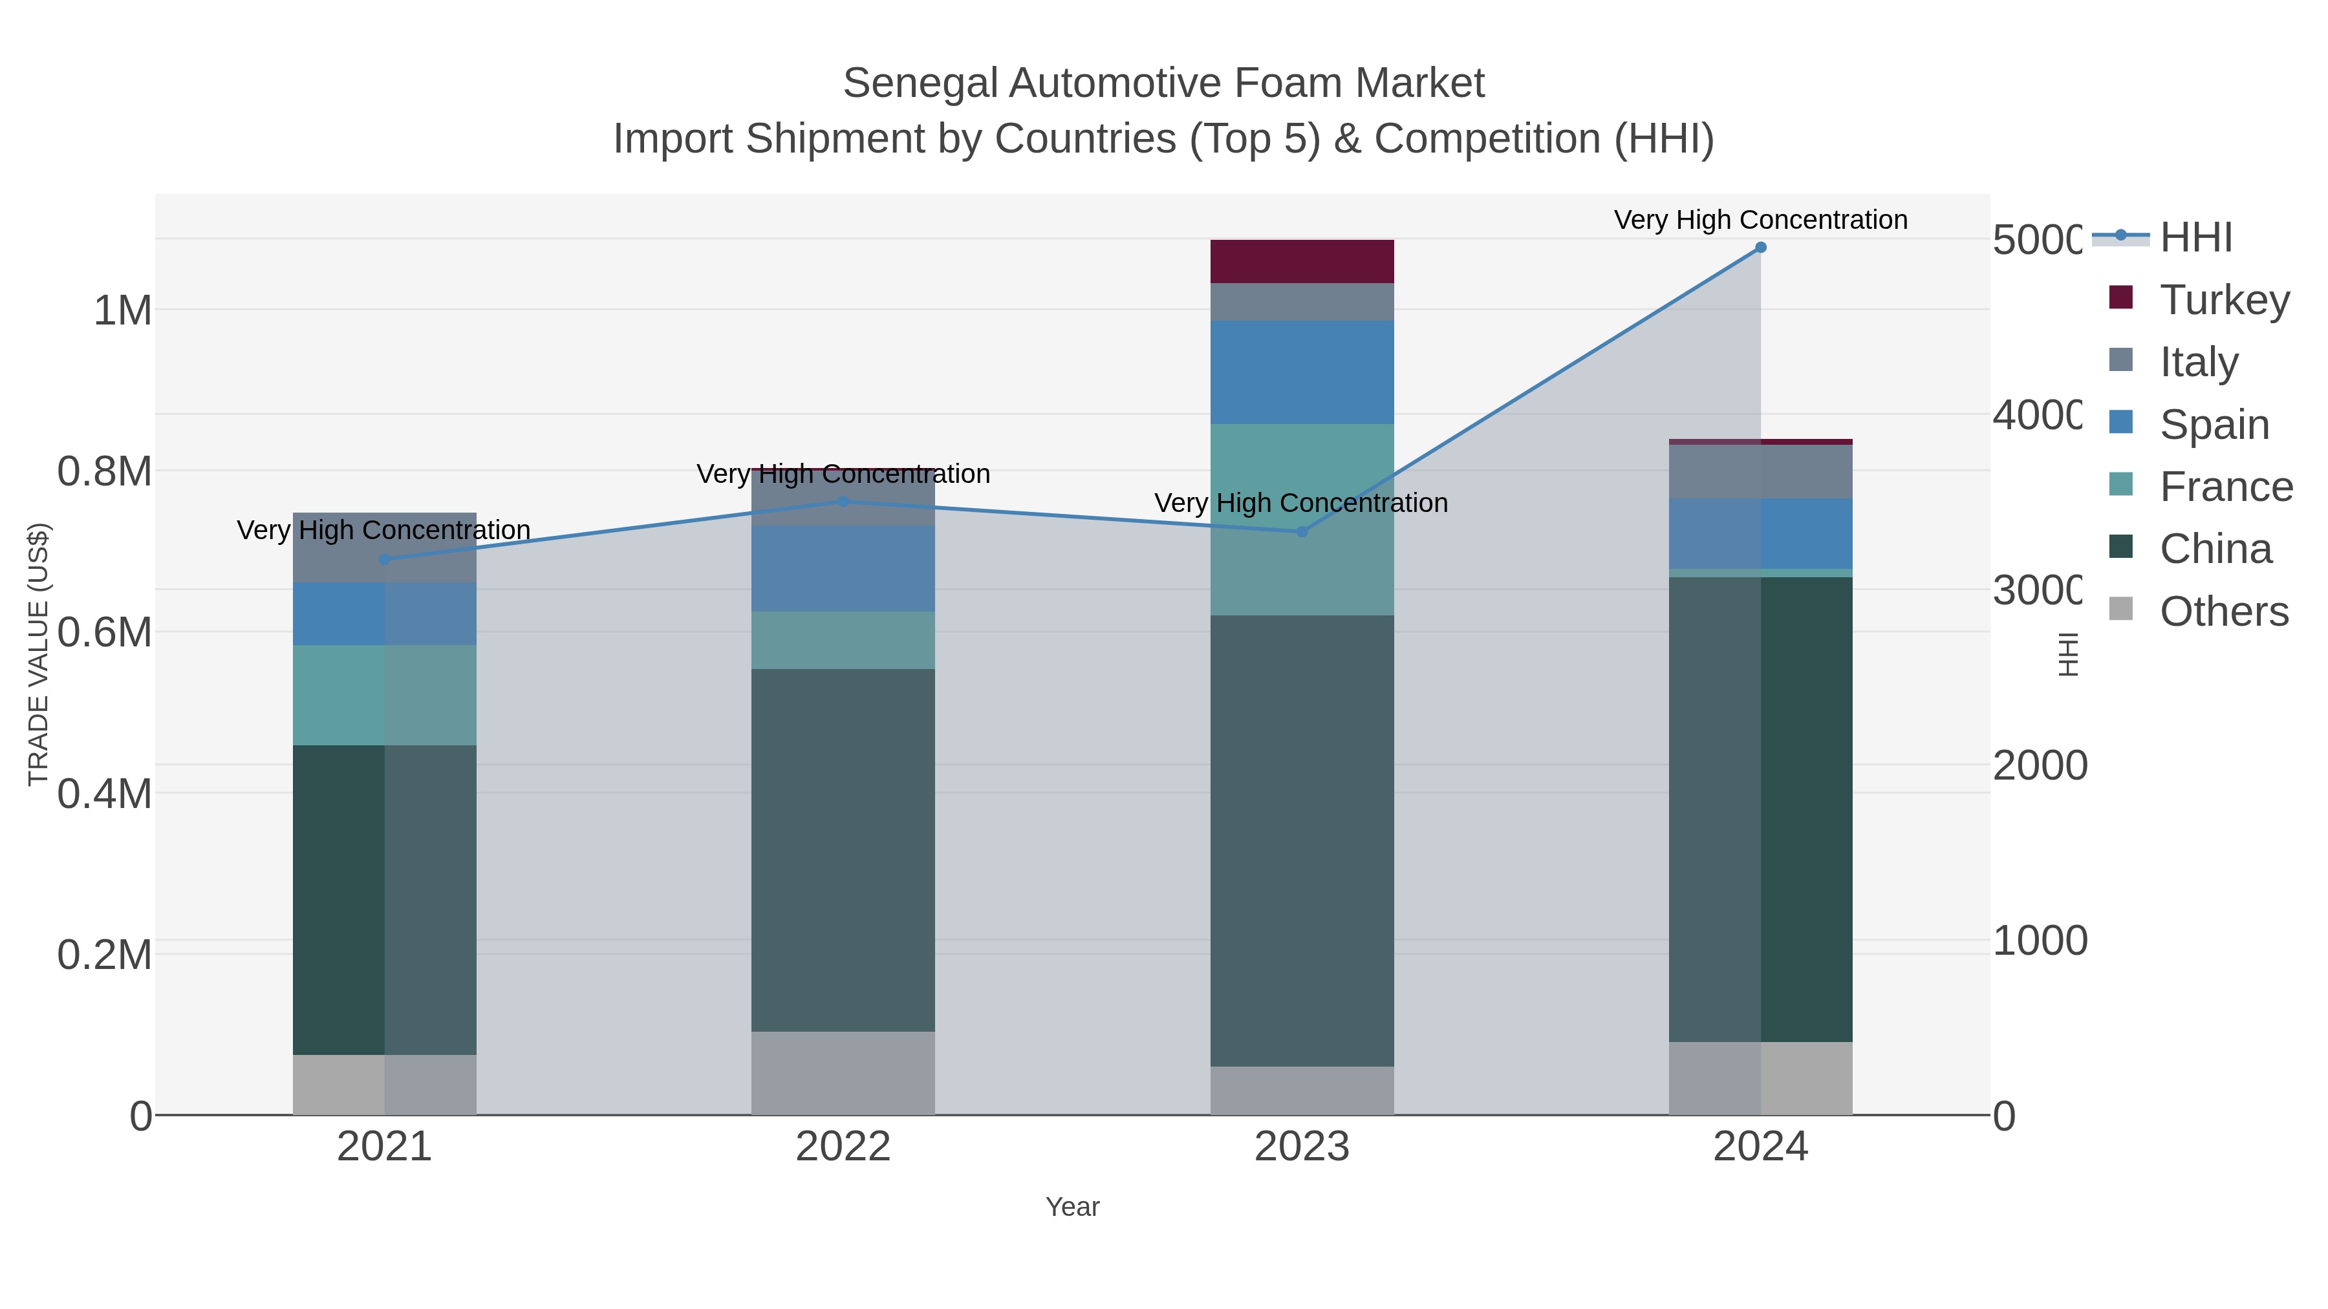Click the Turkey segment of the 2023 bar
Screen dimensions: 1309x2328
pos(1301,261)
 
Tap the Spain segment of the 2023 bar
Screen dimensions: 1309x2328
pos(1301,372)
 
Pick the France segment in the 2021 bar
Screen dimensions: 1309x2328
pos(384,695)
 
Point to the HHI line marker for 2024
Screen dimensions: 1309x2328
pos(1760,248)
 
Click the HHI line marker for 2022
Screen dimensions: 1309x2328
pos(843,502)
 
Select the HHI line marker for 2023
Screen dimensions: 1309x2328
pos(1301,532)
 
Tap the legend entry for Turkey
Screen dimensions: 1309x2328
pos(2223,300)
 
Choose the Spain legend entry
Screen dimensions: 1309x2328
pos(2214,425)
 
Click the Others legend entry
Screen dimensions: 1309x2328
pos(2223,612)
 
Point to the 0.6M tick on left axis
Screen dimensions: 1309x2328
pos(104,632)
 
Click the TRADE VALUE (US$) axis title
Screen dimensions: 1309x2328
pos(38,654)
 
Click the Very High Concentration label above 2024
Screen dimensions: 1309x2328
pos(1760,220)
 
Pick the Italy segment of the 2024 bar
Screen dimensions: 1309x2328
pos(1760,472)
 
